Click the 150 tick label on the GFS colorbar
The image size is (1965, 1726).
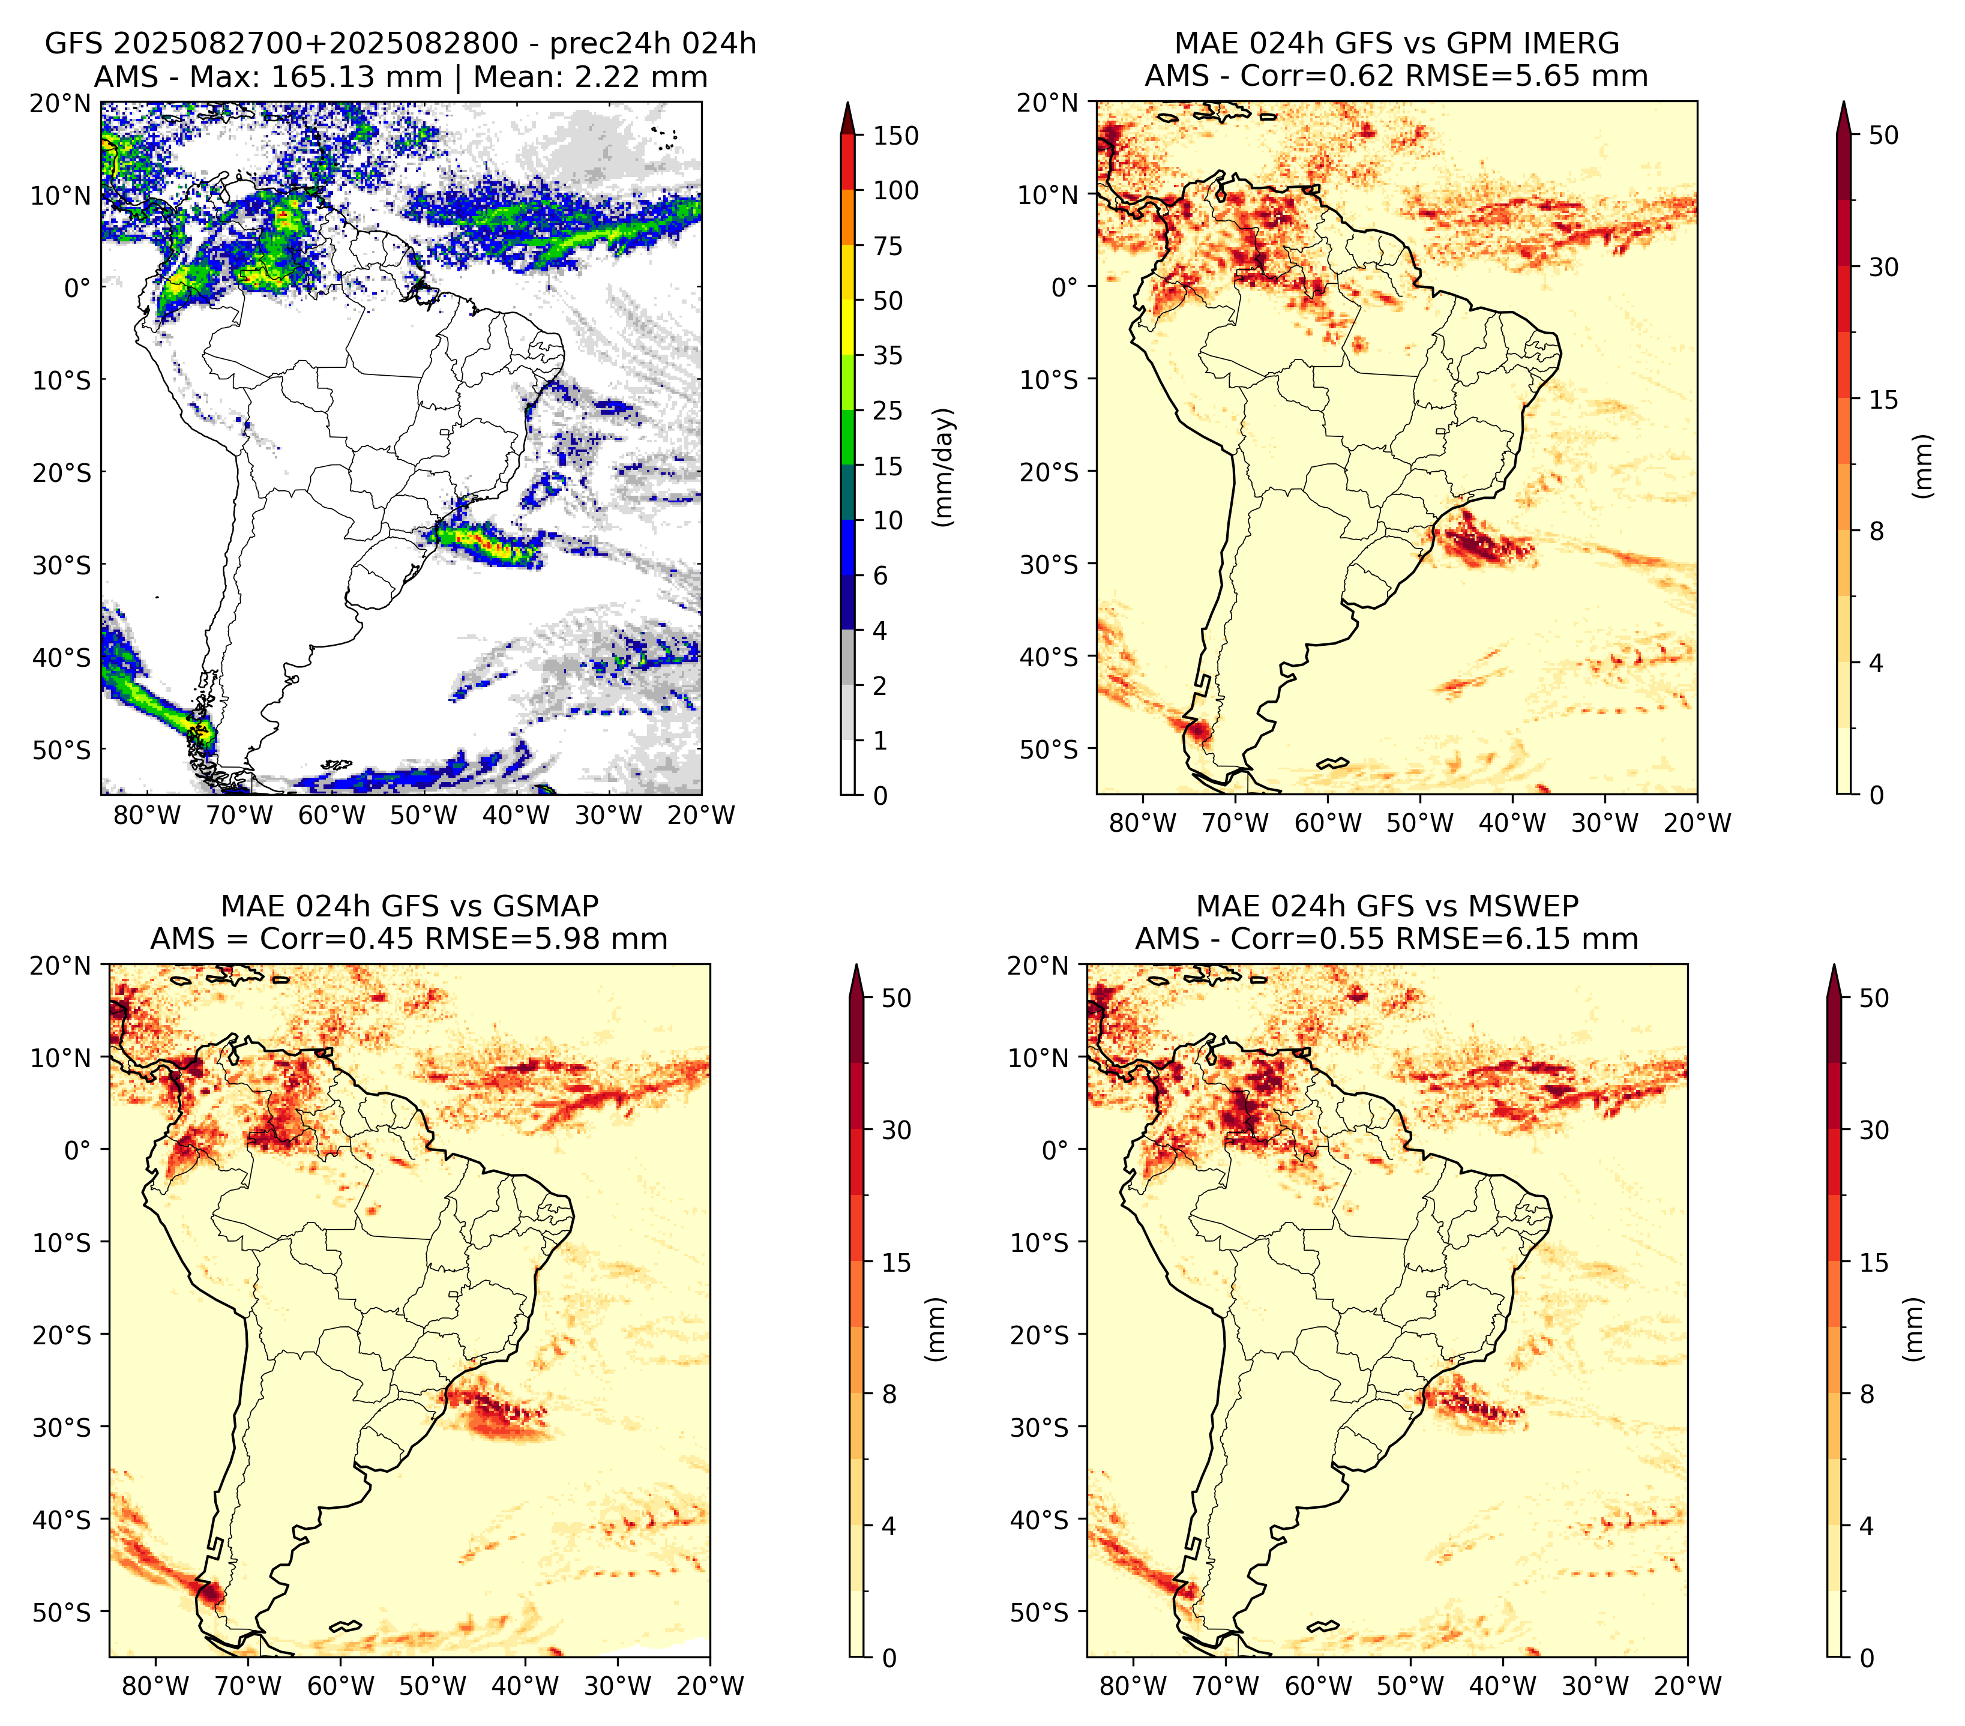(896, 136)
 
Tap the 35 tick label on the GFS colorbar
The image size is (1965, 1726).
(888, 355)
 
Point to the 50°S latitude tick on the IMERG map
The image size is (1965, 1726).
(1050, 748)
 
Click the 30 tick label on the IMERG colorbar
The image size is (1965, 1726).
(1884, 267)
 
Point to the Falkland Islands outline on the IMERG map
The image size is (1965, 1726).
(1334, 763)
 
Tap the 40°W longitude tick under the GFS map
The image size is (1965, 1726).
(516, 815)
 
